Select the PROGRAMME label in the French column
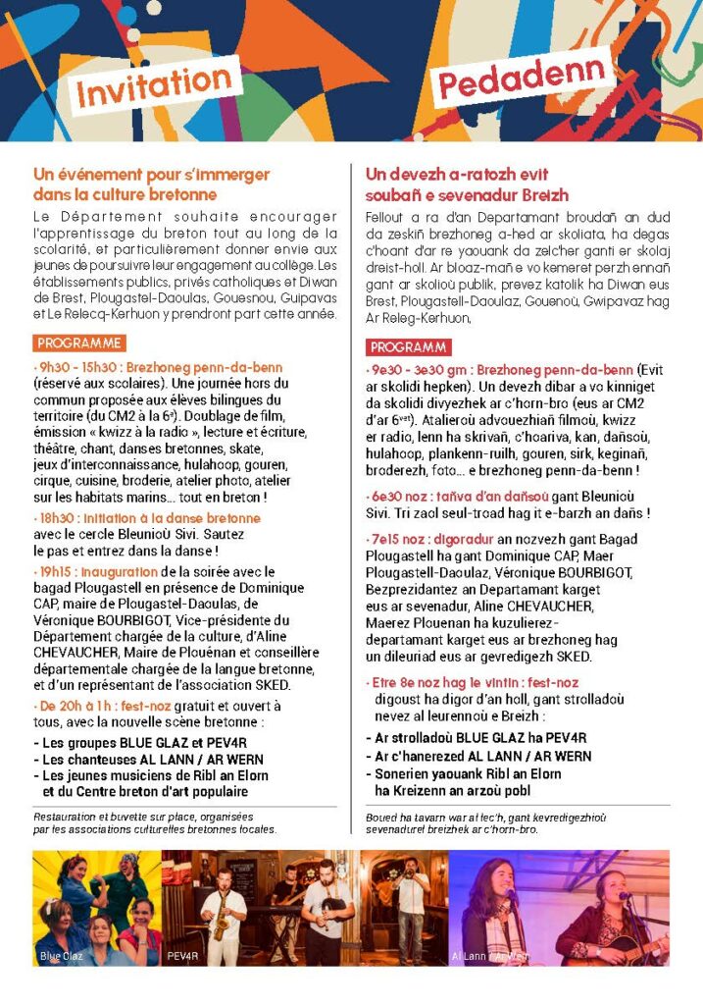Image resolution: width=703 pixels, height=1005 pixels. coord(79,344)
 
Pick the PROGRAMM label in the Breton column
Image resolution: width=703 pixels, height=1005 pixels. coord(410,347)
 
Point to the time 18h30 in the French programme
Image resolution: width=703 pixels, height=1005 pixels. coord(56,518)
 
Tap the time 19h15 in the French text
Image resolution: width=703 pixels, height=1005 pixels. coord(56,572)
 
